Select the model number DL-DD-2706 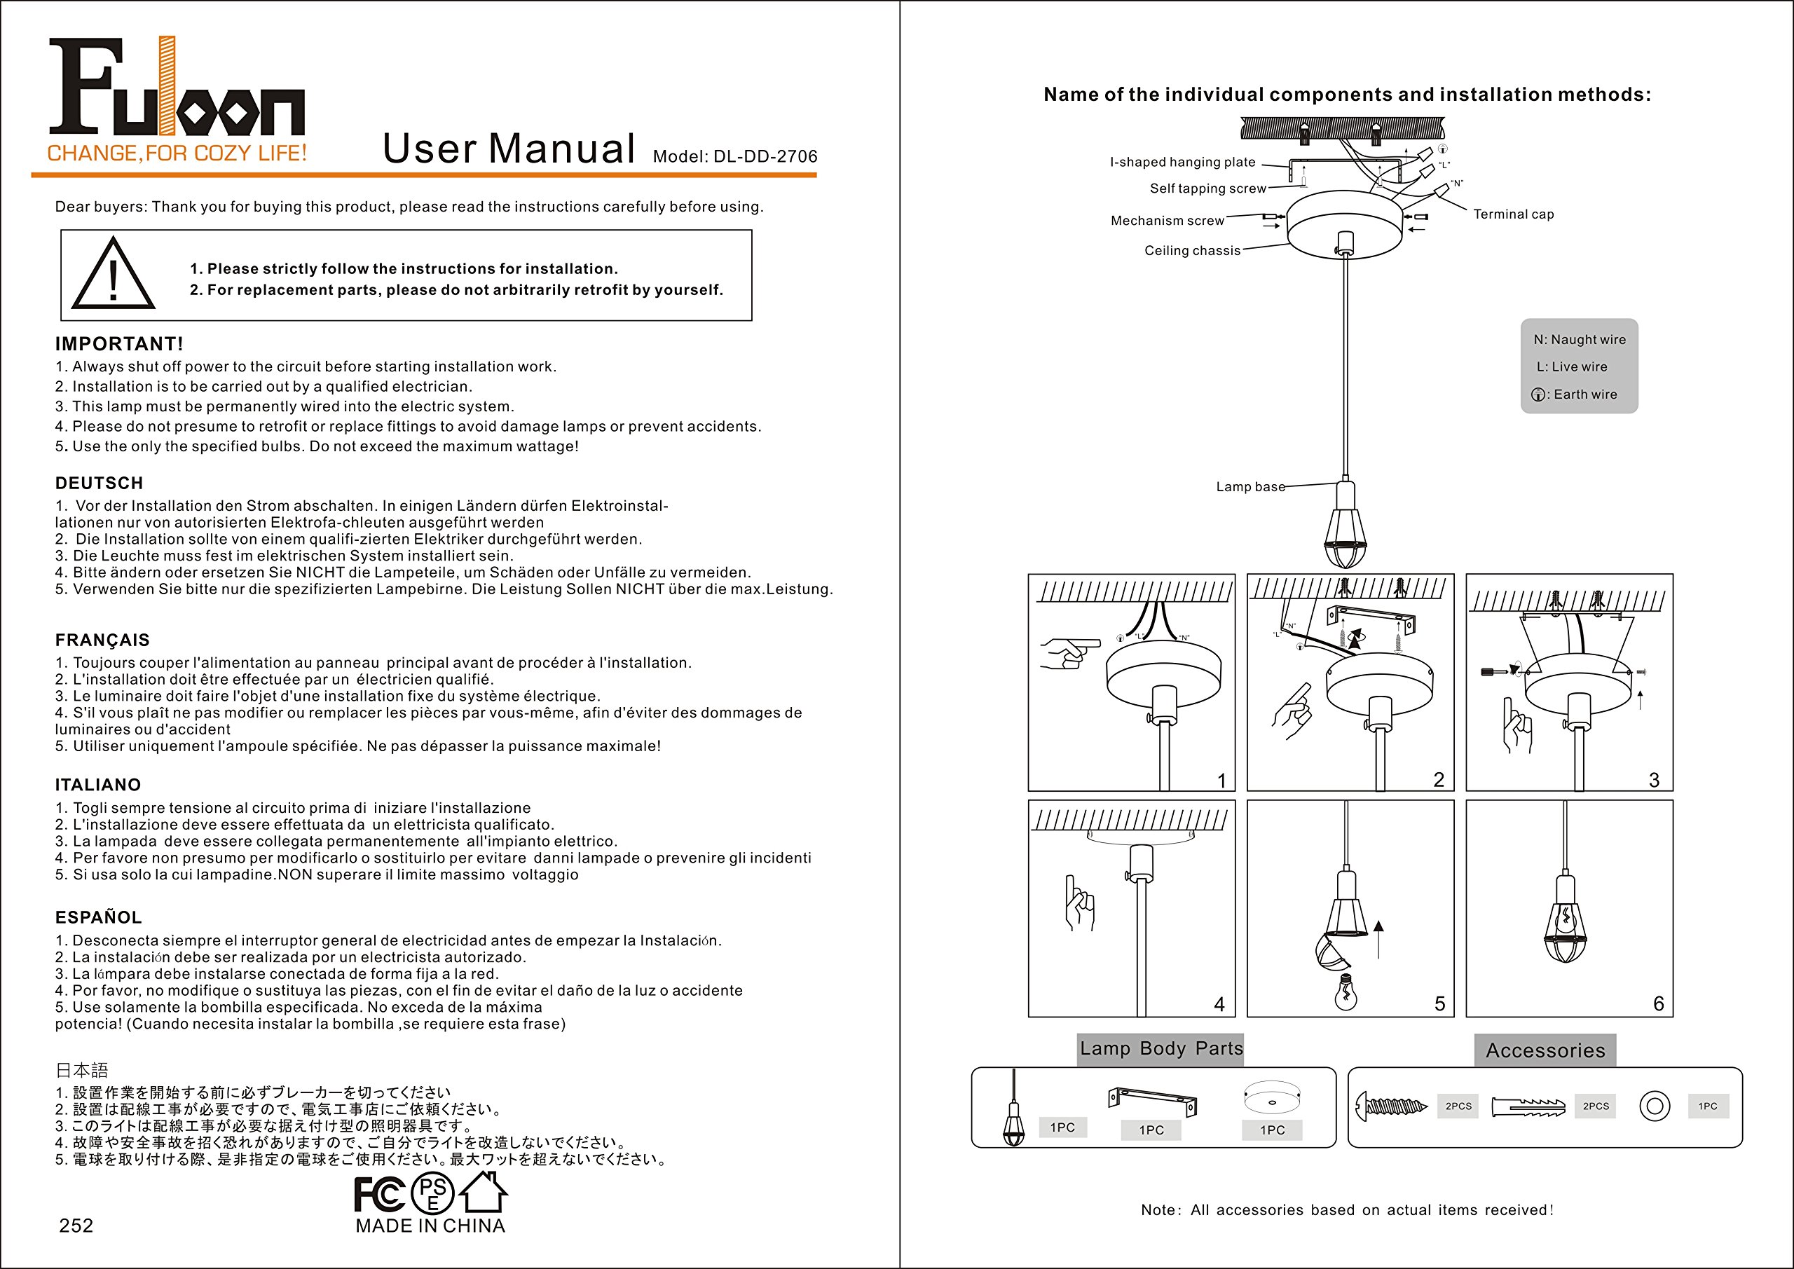tap(766, 156)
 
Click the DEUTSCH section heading tap(100, 483)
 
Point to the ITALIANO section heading tap(98, 785)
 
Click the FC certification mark tap(380, 1194)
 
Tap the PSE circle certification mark tap(432, 1193)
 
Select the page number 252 tap(76, 1226)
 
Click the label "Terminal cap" tap(1514, 214)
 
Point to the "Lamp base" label tap(1250, 487)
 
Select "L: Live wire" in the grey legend tap(1572, 366)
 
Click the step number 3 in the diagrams tap(1654, 780)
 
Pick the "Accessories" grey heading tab tap(1545, 1050)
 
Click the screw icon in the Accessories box tap(1392, 1106)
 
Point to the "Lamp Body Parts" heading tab tap(1161, 1049)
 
